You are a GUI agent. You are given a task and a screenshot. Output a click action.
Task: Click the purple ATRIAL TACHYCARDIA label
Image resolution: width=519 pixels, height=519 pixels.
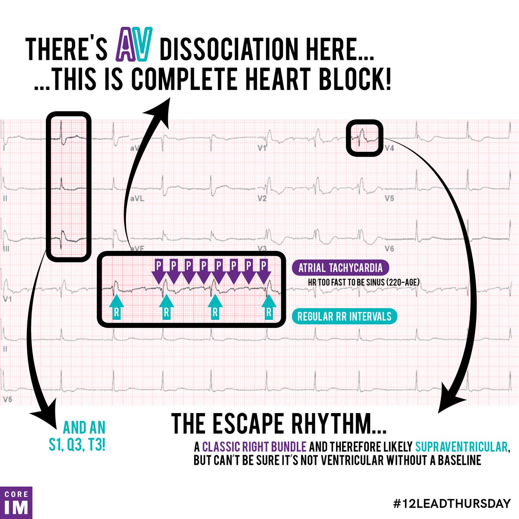(x=340, y=268)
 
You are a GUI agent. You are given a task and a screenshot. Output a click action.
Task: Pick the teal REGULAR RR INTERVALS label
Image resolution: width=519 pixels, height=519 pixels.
(x=344, y=316)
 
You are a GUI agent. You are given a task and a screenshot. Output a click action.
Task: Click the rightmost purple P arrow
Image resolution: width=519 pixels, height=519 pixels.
(x=263, y=270)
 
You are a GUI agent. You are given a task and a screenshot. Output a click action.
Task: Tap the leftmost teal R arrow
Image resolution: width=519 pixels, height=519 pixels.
(x=116, y=306)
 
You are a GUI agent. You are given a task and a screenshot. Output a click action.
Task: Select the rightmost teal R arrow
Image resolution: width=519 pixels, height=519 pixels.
(x=269, y=306)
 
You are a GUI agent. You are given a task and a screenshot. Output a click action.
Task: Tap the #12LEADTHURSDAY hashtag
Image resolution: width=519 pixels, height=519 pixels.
(x=449, y=503)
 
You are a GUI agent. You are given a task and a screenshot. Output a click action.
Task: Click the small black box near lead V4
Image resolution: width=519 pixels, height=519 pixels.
(x=365, y=138)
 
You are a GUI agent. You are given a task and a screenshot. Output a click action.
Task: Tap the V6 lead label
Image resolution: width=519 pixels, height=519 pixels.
(x=389, y=249)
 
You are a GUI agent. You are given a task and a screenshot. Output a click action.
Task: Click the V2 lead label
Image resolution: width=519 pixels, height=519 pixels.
(x=261, y=199)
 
